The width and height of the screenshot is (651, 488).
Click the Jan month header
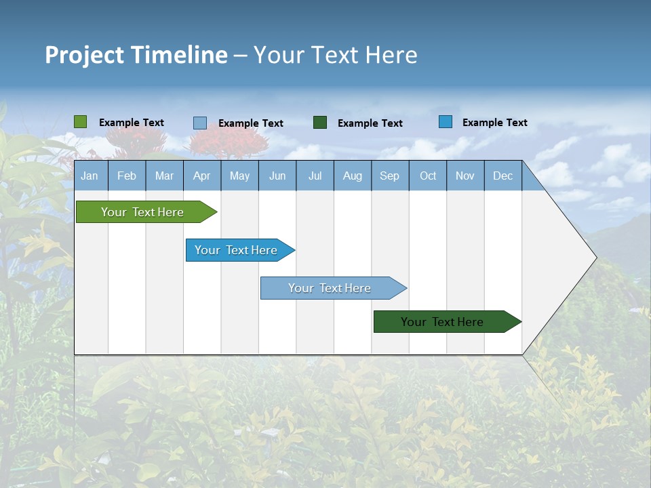tap(90, 176)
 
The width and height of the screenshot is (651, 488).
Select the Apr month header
tap(201, 176)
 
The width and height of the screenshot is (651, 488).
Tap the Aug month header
tap(352, 176)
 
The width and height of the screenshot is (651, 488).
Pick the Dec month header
tap(502, 176)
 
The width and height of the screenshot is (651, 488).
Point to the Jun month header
tap(277, 176)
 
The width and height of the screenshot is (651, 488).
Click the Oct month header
tap(427, 176)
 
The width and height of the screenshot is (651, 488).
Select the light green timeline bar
tap(143, 212)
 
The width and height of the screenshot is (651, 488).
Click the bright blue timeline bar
tap(237, 250)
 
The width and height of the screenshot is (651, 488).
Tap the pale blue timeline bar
tap(330, 288)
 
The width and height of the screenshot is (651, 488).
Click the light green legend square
tap(80, 122)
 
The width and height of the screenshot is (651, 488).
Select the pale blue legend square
tap(199, 123)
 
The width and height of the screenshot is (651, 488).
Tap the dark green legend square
tap(319, 123)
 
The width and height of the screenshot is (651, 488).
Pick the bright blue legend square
tap(445, 122)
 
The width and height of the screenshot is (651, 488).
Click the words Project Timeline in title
tap(136, 55)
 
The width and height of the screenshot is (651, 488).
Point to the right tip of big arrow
tap(595, 258)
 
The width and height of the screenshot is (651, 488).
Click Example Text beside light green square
tap(132, 123)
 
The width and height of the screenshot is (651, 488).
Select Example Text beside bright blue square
tap(494, 123)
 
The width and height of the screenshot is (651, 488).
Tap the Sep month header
tap(389, 176)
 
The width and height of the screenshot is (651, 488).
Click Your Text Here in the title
tap(335, 55)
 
